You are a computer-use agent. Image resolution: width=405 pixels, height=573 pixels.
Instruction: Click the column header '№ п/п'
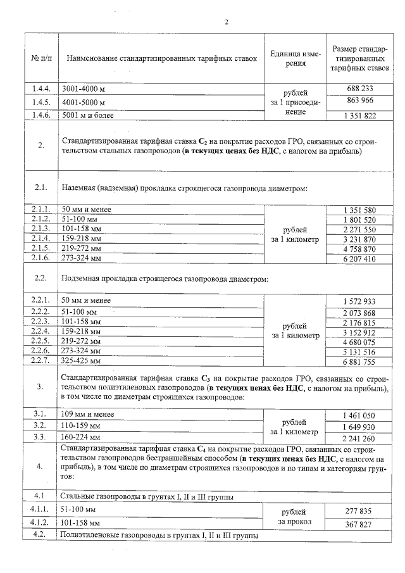point(40,58)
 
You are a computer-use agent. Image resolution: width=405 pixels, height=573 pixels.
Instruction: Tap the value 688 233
point(359,89)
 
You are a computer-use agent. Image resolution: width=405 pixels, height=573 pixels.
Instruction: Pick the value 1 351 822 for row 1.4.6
point(359,115)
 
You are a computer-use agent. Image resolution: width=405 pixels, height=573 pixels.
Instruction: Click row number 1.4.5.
point(40,101)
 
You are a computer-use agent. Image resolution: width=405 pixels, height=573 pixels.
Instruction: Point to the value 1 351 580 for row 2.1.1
point(359,210)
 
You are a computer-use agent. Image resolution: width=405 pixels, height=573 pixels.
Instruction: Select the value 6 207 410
point(359,259)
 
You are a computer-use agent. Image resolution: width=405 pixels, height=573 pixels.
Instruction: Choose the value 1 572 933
point(359,300)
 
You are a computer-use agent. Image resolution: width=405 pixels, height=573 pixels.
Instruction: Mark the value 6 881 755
point(359,362)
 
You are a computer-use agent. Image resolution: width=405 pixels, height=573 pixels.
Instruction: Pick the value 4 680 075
point(359,342)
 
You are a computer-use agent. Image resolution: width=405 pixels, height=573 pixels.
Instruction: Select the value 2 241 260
point(359,439)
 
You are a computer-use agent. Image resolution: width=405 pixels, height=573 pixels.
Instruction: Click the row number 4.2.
point(40,536)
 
